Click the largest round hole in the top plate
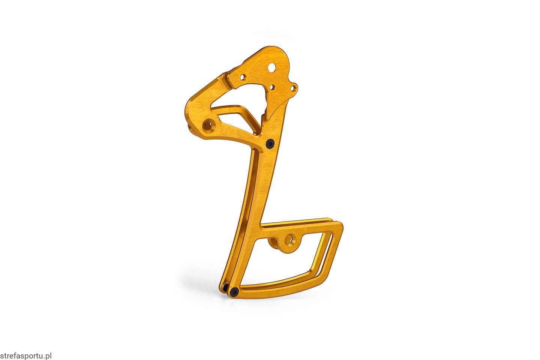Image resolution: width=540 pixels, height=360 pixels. coord(272,67)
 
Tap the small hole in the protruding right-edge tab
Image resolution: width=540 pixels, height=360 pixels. coord(293,88)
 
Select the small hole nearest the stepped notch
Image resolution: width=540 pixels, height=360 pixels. coord(243,77)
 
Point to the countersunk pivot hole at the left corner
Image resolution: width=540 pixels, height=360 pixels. coord(209,125)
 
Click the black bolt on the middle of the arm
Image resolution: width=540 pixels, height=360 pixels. coord(270,144)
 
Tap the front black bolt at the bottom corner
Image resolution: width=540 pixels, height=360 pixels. coord(235,292)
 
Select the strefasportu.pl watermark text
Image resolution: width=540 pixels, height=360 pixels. coord(26,356)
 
